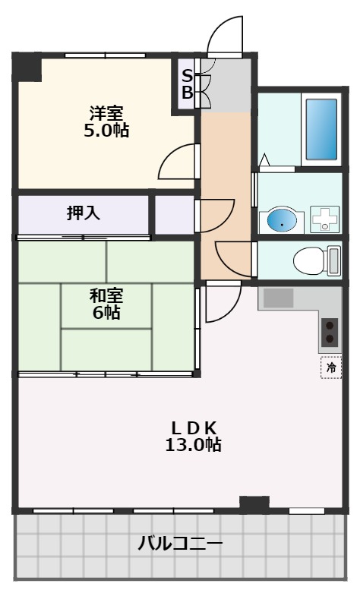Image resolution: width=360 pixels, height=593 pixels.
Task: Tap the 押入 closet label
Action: [x=84, y=213]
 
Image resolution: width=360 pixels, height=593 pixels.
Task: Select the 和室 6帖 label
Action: [x=106, y=303]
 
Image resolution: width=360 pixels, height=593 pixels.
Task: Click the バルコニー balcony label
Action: [x=180, y=544]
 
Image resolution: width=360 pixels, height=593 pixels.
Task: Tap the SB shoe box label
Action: [x=186, y=85]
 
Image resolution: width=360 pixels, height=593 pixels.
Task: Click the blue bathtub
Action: [x=321, y=127]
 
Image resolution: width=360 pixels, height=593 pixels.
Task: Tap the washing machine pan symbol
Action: [x=326, y=220]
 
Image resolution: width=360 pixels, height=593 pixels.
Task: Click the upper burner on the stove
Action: [x=330, y=323]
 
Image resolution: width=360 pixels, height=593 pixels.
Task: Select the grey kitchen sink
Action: [x=278, y=298]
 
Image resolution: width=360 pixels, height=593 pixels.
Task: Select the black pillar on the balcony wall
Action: [x=254, y=502]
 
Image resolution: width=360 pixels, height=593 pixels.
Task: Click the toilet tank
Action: [x=334, y=260]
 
